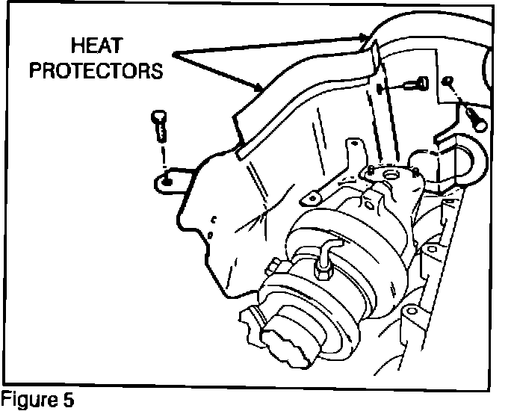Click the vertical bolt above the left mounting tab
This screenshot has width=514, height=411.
pyautogui.click(x=158, y=126)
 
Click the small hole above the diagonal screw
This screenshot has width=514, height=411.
pyautogui.click(x=448, y=81)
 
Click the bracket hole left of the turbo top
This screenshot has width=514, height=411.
pyautogui.click(x=309, y=200)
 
